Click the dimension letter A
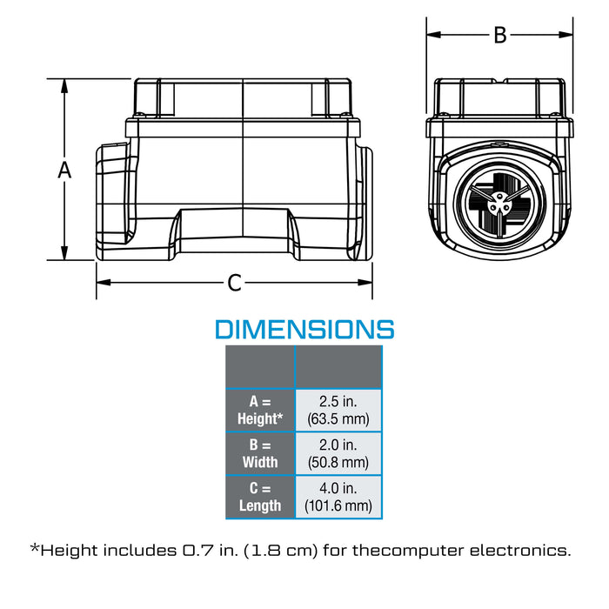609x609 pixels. coord(64,171)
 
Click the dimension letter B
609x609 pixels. coord(500,35)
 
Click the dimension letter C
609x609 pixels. coord(235,283)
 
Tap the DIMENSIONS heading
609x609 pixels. coord(304,330)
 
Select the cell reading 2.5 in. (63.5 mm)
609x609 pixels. coord(338,410)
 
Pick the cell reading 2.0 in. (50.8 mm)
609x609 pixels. coord(338,453)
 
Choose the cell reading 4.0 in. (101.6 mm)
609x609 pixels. coord(338,497)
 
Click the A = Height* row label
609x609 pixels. coord(260,410)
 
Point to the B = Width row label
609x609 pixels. coord(260,453)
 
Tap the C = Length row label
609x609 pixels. coord(260,497)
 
